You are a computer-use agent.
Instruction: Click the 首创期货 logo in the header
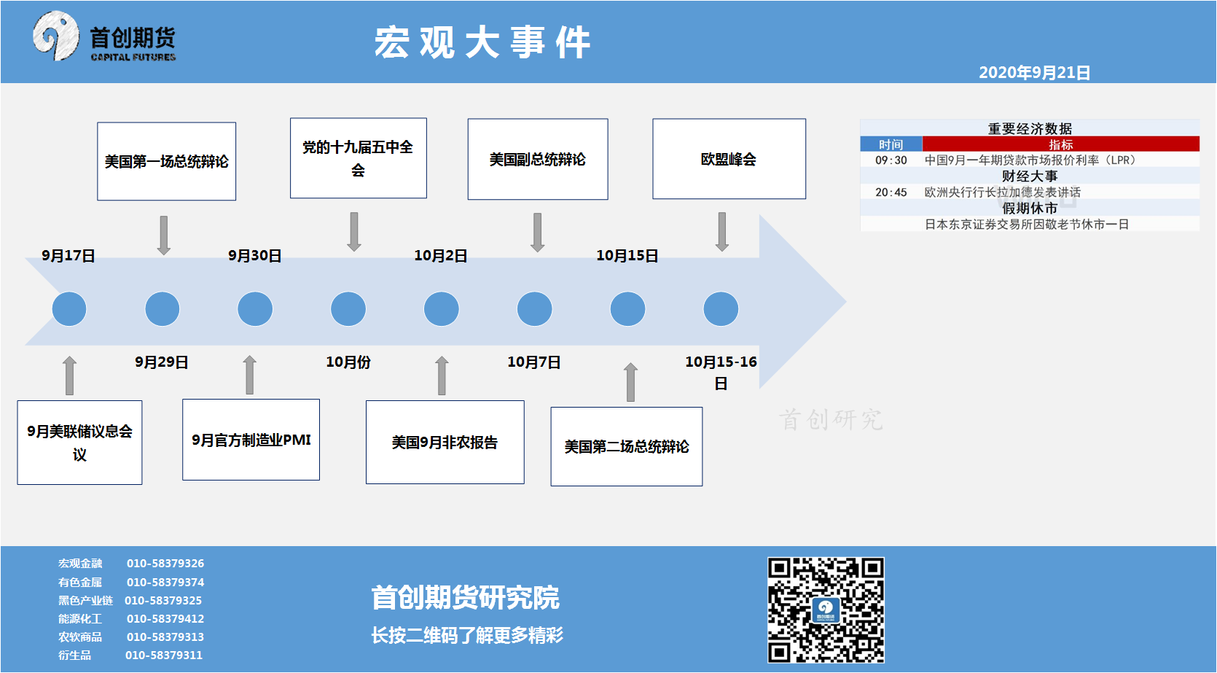[x=104, y=37]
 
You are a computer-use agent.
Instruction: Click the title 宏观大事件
[x=482, y=42]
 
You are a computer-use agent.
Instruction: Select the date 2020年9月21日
[x=1034, y=73]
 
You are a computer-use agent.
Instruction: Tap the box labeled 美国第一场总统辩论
[x=167, y=161]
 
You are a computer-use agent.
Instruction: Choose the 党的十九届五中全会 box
[x=358, y=158]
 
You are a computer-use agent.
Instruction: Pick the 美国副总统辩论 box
[x=538, y=159]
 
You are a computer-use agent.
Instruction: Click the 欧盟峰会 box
[x=729, y=159]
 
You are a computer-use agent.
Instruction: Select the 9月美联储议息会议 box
[x=80, y=442]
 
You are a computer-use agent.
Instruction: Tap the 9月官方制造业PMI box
[x=251, y=440]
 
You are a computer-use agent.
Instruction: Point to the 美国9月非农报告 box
[x=445, y=442]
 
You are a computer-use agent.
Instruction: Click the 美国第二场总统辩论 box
[x=627, y=446]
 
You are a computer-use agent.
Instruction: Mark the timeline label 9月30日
[x=254, y=256]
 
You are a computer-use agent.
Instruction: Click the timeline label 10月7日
[x=534, y=362]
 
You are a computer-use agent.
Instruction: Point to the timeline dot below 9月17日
[x=69, y=309]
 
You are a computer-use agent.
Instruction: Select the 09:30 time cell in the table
[x=891, y=160]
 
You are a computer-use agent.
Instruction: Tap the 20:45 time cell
[x=891, y=192]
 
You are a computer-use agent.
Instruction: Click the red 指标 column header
[x=1060, y=144]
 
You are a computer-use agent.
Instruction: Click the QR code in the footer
[x=826, y=610]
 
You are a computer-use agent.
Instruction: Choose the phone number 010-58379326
[x=165, y=564]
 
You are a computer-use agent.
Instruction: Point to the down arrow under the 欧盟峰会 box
[x=722, y=232]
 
